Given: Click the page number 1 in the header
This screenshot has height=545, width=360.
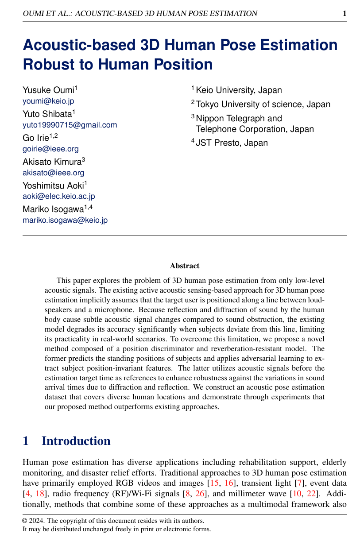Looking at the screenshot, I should pos(344,13).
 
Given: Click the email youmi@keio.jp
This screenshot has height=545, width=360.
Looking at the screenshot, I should pos(48,101).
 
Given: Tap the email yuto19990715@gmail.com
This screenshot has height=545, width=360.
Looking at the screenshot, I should pos(70,125).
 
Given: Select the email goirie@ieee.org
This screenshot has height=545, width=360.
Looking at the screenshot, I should pos(50,149).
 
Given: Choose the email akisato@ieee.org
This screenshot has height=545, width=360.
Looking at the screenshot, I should pos(53,173).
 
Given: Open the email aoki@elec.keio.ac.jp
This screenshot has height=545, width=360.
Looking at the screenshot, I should pos(58,196).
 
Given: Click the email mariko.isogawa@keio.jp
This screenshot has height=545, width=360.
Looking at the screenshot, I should pos(65,220).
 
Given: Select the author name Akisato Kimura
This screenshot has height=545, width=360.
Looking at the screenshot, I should pos(52,162).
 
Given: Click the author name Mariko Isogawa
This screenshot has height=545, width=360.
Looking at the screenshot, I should pos(53,209).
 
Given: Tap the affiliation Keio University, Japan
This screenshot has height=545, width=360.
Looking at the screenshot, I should pos(239,90).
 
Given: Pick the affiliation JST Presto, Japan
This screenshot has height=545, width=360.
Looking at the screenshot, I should pos(232,143).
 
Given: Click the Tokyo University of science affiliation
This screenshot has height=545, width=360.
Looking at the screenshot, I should pos(263,104).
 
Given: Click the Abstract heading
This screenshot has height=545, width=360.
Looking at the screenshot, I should pos(185,266).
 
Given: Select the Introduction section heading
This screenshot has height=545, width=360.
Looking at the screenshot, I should pos(76,441).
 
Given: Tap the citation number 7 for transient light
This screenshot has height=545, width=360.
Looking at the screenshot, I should pos(296,482).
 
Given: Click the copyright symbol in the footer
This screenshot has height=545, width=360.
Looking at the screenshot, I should pos(25,521).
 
